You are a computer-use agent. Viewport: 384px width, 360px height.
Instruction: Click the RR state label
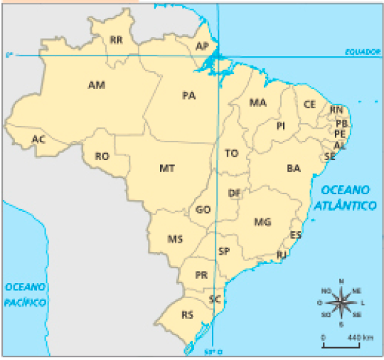pos(117,41)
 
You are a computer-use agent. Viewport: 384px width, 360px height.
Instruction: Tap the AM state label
pos(96,85)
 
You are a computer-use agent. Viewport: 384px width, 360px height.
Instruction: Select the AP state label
pos(202,46)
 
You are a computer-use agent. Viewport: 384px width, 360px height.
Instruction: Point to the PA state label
pos(188,95)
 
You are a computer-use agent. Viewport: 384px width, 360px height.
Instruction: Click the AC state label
pos(38,139)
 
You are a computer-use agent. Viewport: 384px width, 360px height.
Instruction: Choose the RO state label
pos(102,156)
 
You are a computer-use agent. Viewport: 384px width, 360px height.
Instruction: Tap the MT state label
pos(168,169)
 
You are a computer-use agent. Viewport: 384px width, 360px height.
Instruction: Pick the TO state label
pos(231,153)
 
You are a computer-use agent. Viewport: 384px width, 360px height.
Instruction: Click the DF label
pos(235,193)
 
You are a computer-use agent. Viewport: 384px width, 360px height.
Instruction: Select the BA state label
pos(293,169)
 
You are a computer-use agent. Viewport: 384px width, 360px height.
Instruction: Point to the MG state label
pos(262,223)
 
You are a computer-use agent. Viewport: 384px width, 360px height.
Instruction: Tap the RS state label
pos(188,314)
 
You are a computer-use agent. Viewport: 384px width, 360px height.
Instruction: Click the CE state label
pos(309,104)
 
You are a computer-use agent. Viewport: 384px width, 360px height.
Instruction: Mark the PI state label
pos(281,126)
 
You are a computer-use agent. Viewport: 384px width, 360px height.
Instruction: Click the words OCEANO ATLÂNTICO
pos(346,197)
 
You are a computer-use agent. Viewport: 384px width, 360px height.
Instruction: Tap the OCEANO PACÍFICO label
pos(26,295)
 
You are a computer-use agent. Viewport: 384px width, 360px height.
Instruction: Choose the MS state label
pos(175,239)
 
